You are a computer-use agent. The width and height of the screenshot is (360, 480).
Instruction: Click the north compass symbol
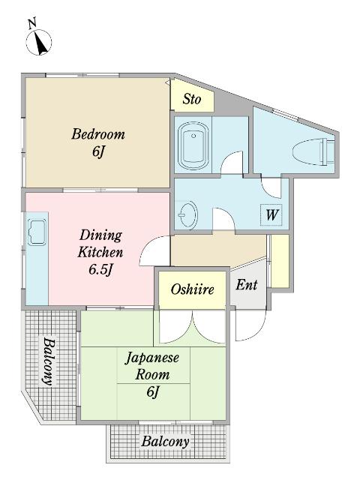tap(39, 42)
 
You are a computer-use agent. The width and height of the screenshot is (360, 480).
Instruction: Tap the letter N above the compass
tap(32, 23)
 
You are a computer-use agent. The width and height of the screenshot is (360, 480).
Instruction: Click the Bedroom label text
tap(98, 134)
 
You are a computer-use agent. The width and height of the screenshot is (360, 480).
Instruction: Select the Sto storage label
tap(192, 99)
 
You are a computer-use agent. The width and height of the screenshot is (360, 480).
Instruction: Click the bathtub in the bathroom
tap(193, 146)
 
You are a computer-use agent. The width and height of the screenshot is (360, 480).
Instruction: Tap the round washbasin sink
tap(188, 214)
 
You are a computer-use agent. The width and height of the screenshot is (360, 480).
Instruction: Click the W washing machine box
tap(271, 214)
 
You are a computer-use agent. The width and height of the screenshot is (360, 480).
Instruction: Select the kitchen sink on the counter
tap(37, 232)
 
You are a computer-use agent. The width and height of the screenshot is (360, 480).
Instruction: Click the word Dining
tap(100, 235)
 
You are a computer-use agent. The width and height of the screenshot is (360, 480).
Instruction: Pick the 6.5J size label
tap(100, 270)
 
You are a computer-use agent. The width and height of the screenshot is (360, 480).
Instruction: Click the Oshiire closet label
tap(193, 289)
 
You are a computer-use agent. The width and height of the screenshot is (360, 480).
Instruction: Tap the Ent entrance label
tap(247, 285)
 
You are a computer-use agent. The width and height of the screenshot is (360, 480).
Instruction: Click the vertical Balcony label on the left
tap(48, 361)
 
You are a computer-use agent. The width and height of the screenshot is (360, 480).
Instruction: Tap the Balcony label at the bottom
tap(165, 442)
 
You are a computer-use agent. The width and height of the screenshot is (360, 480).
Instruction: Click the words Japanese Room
tap(152, 367)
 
